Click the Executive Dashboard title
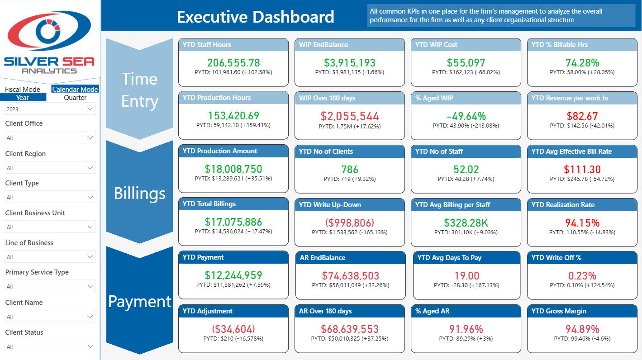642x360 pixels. pyautogui.click(x=255, y=17)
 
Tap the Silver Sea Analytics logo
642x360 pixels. pyautogui.click(x=49, y=42)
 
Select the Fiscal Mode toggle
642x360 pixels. pyautogui.click(x=22, y=89)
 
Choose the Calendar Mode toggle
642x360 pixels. pyautogui.click(x=75, y=89)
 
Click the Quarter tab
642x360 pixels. pyautogui.click(x=75, y=98)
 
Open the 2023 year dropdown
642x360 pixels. pyautogui.click(x=50, y=109)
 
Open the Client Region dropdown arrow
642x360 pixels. pyautogui.click(x=90, y=167)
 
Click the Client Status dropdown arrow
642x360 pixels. pyautogui.click(x=90, y=346)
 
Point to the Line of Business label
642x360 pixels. pyautogui.click(x=29, y=242)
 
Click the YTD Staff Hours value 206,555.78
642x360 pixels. pyautogui.click(x=233, y=63)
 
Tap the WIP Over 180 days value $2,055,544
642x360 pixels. pyautogui.click(x=350, y=116)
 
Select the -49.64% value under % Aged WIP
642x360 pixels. pyautogui.click(x=466, y=116)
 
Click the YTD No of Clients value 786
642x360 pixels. pyautogui.click(x=350, y=169)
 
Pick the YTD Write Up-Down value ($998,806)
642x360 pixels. pyautogui.click(x=350, y=223)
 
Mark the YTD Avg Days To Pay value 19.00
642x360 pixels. pyautogui.click(x=466, y=276)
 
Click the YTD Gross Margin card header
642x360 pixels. pyautogui.click(x=582, y=311)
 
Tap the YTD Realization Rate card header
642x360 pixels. pyautogui.click(x=582, y=205)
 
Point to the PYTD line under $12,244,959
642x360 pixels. pyautogui.click(x=233, y=285)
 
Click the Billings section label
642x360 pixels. pyautogui.click(x=140, y=193)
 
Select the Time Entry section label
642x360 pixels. pyautogui.click(x=140, y=90)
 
